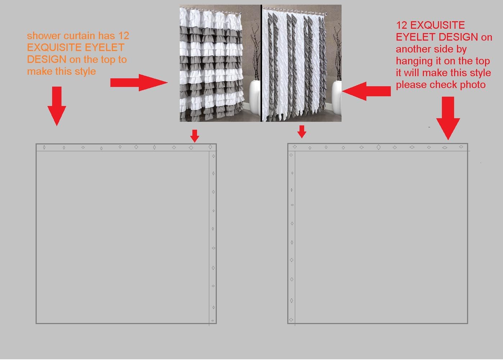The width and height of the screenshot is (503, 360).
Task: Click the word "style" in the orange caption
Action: pos(86,71)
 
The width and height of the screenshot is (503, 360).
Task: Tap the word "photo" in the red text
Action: pos(472,84)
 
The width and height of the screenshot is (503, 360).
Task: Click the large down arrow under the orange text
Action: pos(56,106)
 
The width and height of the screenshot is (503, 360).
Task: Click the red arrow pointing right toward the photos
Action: pos(139,83)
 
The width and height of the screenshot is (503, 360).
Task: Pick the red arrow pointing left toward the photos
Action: pos(366,91)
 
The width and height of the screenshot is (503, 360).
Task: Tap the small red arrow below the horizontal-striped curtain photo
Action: pos(195,136)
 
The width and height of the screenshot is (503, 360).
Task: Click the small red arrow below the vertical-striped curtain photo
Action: pos(302,131)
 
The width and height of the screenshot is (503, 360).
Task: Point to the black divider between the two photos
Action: pos(261,63)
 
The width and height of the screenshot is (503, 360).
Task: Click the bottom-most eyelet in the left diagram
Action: pos(213,320)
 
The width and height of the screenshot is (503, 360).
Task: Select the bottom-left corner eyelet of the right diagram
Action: pos(291,319)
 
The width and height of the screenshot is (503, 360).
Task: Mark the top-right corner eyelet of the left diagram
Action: pos(210,147)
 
